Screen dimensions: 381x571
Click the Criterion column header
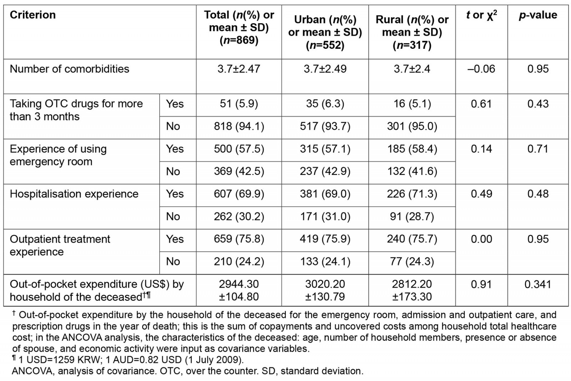click(33, 15)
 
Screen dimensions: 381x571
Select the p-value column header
click(538, 15)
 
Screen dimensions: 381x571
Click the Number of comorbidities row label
click(70, 69)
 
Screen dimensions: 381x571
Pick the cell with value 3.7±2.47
click(239, 69)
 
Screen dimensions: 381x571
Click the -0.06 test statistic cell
click(481, 69)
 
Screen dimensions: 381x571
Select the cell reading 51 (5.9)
click(239, 104)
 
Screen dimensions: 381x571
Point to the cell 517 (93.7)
click(325, 126)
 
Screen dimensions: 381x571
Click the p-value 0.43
click(538, 104)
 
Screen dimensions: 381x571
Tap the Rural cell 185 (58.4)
click(412, 149)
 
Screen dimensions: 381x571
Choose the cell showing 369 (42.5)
click(239, 171)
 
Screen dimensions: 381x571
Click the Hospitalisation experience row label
click(74, 194)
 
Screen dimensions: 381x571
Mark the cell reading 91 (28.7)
click(412, 216)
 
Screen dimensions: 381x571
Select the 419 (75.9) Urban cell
click(325, 239)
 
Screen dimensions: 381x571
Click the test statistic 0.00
click(481, 239)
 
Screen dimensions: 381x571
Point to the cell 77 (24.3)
click(412, 261)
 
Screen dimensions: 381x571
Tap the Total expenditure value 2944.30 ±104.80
click(239, 290)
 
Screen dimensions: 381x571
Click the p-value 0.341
click(538, 284)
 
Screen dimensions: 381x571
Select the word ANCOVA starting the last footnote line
click(33, 371)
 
